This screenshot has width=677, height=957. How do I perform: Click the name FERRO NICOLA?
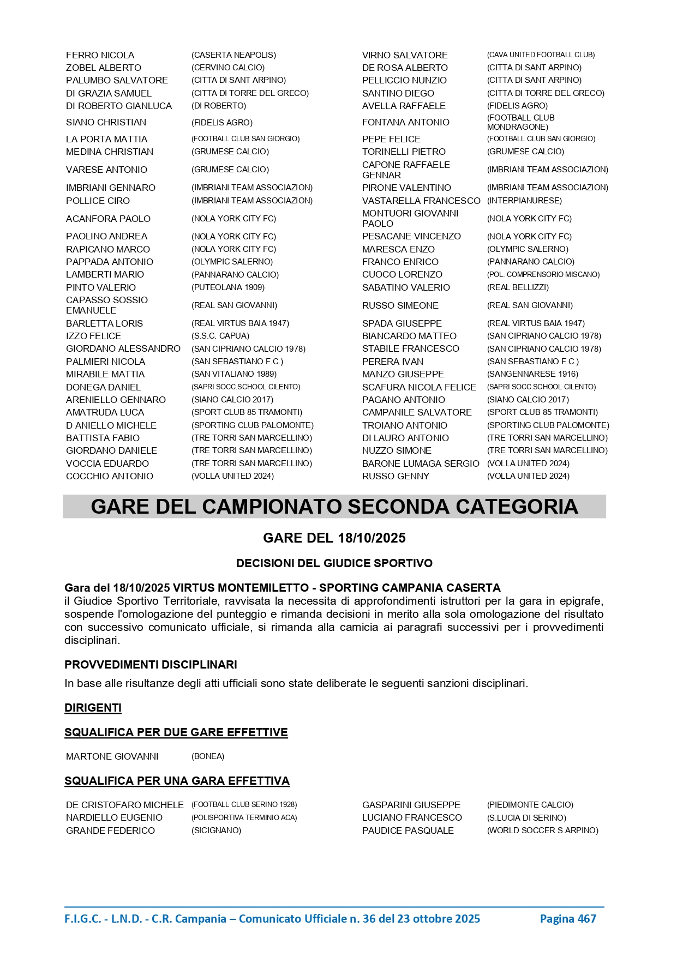click(100, 55)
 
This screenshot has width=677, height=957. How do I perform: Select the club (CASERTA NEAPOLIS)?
click(233, 55)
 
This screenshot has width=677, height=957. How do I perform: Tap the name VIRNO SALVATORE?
click(405, 55)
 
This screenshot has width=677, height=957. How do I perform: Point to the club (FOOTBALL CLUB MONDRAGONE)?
click(520, 122)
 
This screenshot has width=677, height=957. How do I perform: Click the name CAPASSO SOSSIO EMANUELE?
click(107, 305)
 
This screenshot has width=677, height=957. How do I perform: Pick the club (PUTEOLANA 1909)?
click(228, 287)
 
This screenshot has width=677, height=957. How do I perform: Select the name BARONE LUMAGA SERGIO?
click(421, 464)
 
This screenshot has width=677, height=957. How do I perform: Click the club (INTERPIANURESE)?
click(524, 201)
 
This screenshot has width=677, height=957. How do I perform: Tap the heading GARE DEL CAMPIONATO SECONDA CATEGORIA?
click(334, 507)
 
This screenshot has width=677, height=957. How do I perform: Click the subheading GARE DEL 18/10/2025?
click(334, 538)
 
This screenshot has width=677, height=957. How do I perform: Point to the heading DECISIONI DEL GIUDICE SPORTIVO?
click(334, 563)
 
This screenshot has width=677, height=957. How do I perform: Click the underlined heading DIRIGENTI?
click(93, 708)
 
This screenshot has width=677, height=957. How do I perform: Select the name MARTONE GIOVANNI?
click(112, 756)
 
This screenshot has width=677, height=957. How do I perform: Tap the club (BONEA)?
click(208, 756)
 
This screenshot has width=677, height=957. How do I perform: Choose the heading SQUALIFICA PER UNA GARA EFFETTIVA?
click(177, 781)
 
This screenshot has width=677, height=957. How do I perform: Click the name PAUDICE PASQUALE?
click(408, 830)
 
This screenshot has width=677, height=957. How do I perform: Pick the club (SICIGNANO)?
click(216, 830)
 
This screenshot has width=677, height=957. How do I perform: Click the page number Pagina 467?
click(568, 919)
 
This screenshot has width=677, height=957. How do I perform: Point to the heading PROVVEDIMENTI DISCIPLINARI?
click(151, 665)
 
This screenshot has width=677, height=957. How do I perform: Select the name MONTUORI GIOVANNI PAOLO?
click(410, 219)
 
